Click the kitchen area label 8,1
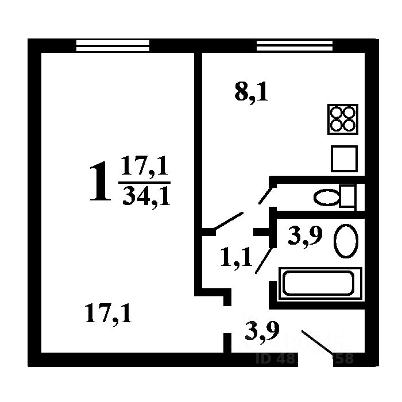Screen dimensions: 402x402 251,92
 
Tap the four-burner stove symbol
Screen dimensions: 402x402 342,119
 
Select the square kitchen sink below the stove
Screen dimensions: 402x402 344,159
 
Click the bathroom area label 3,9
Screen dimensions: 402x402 304,235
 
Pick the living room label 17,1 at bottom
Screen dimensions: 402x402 108,314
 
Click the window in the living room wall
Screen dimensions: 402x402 113,45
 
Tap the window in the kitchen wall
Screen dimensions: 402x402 294,45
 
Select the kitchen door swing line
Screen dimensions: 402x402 228,222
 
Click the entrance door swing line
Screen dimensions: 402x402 317,342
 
